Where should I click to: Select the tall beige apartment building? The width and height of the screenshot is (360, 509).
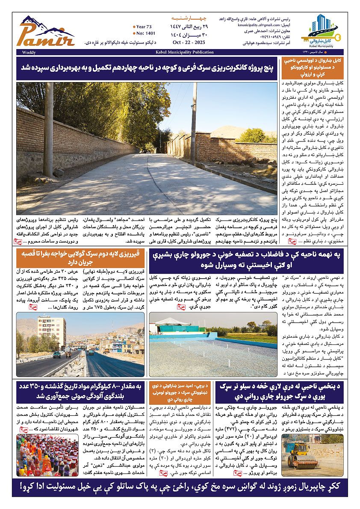click(52, 332)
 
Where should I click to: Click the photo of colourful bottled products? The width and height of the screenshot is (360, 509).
click(47, 455)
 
